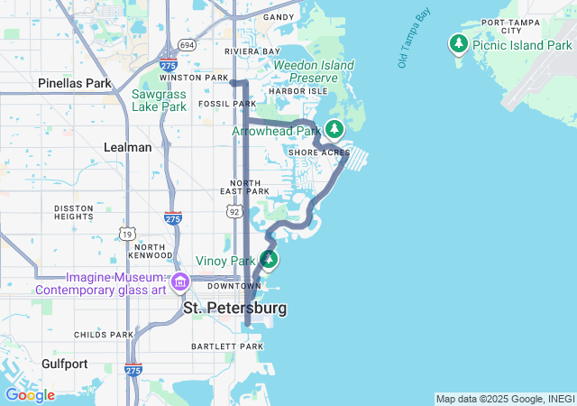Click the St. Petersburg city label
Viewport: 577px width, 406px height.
coord(235,309)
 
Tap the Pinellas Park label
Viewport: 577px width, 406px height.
coord(74,83)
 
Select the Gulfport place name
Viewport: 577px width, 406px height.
coord(64,364)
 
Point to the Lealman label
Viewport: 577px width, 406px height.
coord(127,147)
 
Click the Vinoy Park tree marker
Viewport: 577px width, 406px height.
coord(268,260)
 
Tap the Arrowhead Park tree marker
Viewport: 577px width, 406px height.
coord(334,129)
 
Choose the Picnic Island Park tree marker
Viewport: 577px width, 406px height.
coord(459,43)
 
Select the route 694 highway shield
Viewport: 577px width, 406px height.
coord(187,44)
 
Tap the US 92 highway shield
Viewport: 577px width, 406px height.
coord(234,211)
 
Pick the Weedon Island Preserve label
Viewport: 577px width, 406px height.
coord(313,71)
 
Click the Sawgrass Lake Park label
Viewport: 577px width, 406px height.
coord(159,100)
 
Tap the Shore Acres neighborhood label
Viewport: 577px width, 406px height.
coord(318,152)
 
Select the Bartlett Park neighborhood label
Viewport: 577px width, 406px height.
coord(227,346)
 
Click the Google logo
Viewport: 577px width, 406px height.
coord(30,395)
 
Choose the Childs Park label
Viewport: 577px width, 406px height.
coord(103,334)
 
